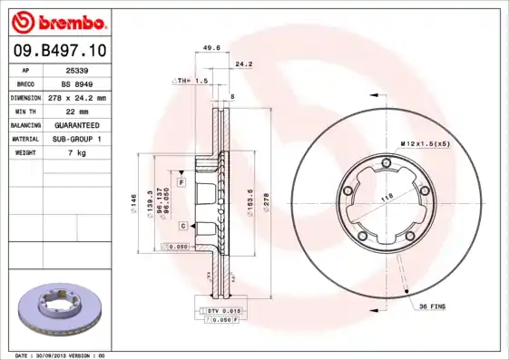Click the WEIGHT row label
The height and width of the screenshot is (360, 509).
click(24, 152)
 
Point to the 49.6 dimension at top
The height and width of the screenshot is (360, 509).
click(211, 49)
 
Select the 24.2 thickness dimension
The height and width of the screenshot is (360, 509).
click(243, 64)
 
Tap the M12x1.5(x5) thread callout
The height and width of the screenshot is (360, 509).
click(426, 144)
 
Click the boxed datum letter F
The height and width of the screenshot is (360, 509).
click(181, 183)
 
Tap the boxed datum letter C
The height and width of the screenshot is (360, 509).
click(182, 225)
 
